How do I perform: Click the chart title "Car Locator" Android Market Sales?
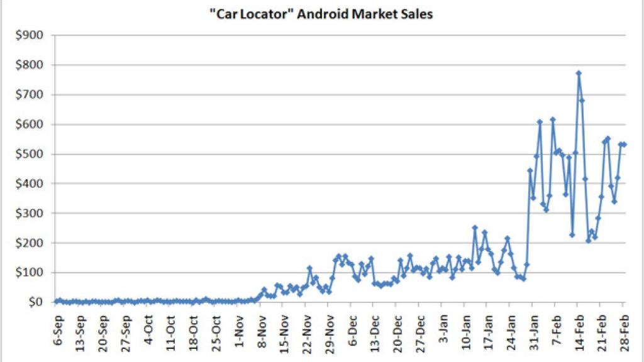coord(321,14)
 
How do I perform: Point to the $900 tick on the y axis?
coord(30,36)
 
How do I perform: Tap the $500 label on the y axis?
coord(30,154)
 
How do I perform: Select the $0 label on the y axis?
coord(35,302)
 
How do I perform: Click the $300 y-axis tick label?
coord(30,214)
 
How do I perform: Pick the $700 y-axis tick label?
coord(30,95)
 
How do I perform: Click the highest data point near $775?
coord(579,73)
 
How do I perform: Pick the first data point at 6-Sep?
coord(55,302)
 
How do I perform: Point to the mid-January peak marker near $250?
coord(475,228)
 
